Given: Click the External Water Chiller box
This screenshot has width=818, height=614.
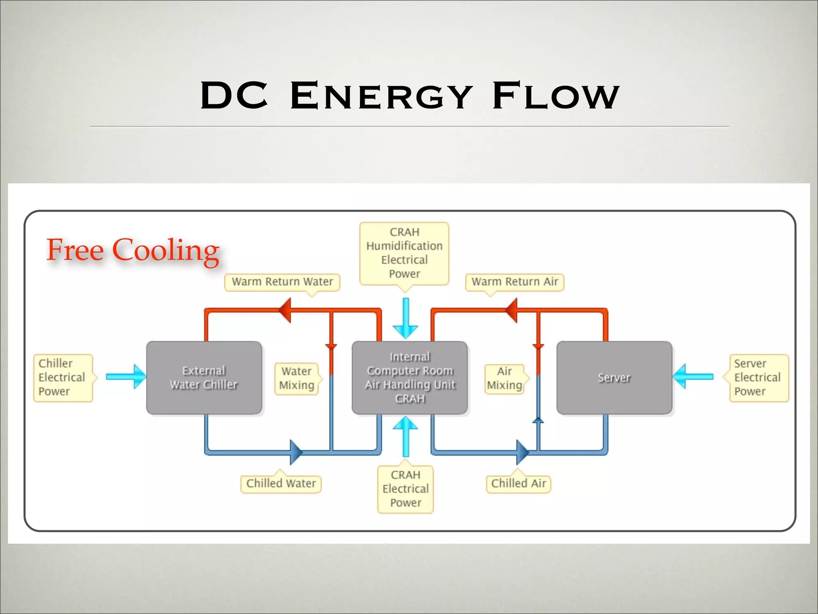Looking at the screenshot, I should point(204,377).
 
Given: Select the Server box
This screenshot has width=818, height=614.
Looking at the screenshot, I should point(614,377).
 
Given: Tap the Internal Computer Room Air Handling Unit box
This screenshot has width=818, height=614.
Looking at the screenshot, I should point(409,377).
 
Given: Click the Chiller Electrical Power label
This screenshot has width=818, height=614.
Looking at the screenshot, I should point(63,377).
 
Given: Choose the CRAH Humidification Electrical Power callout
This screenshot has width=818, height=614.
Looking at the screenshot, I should point(404,253).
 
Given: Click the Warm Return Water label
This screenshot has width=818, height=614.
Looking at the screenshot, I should point(282,282).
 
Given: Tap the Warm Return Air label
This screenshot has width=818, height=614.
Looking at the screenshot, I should point(514,282).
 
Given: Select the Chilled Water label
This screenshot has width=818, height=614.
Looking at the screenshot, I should point(281,483).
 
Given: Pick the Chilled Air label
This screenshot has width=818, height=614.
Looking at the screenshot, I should point(518,483).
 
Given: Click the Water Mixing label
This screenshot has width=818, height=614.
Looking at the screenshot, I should point(297,378).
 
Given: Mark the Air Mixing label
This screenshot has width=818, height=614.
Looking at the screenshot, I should point(505,378).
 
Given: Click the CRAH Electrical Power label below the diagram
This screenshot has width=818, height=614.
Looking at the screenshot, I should point(405,489).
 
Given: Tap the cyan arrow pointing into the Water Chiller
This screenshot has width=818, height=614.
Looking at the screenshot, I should point(126,377).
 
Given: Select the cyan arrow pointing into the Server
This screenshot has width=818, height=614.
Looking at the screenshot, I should point(693,377).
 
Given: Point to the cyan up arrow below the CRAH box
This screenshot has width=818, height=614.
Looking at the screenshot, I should point(405,436).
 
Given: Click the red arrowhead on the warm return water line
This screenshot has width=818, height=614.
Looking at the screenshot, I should point(285,310).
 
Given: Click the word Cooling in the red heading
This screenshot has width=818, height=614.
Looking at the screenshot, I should point(165,250).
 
